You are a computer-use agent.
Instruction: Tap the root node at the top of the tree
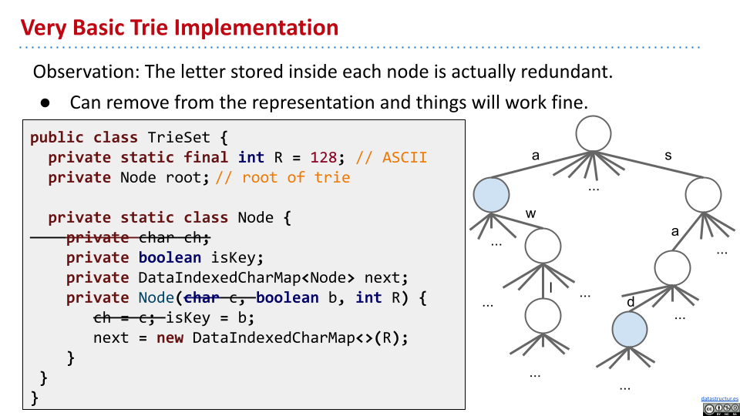point(594,133)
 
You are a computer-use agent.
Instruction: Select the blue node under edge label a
point(491,195)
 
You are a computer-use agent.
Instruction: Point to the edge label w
point(530,213)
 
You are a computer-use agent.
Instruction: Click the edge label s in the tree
point(668,156)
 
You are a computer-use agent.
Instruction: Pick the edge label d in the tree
point(631,302)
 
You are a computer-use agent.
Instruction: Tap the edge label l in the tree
point(552,288)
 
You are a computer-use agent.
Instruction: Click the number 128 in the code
point(323,158)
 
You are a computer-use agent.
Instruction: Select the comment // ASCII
point(392,158)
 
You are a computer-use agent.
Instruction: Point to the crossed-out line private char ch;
point(138,238)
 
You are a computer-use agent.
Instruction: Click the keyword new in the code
point(170,338)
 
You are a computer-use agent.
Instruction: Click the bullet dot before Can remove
point(45,102)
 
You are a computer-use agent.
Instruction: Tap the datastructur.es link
point(719,399)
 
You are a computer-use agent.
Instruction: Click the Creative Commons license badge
point(720,409)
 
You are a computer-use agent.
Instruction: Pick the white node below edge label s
point(701,195)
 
